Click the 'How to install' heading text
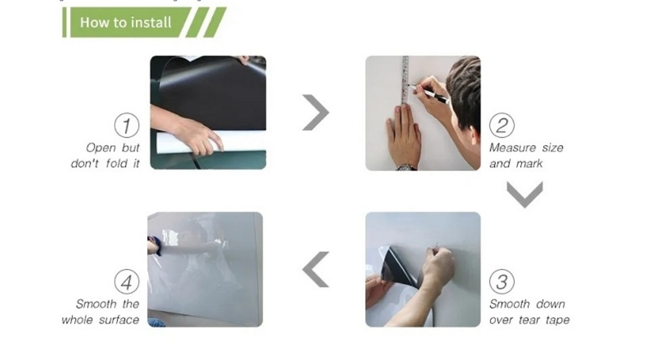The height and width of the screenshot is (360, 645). coord(126,22)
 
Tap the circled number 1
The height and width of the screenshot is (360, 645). coord(127,125)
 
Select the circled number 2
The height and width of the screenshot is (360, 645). coord(502,125)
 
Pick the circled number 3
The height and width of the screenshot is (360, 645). coord(502,282)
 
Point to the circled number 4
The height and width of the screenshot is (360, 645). coord(127,282)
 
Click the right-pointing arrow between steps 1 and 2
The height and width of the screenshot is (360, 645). coord(316,112)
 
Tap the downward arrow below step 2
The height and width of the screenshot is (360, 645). coord(525,195)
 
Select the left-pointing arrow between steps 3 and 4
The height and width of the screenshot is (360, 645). coord(316,270)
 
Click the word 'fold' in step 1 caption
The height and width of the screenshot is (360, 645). coord(117,163)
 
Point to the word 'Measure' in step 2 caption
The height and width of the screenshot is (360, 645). coord(512,148)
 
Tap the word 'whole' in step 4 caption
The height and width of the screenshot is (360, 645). coord(77,320)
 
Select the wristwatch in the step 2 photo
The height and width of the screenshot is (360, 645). coord(407,167)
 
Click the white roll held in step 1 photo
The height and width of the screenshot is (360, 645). coord(210,142)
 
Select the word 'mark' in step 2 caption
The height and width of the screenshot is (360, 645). coord(530,163)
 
